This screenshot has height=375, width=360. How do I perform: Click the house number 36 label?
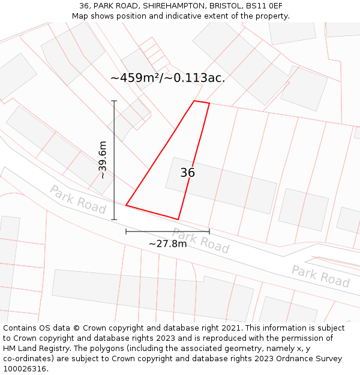(188, 173)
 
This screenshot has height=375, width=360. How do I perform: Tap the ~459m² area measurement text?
(168, 77)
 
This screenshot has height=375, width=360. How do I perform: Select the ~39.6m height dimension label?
(103, 160)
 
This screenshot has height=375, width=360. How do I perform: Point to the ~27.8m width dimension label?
(167, 243)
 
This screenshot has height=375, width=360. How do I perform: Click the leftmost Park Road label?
(78, 199)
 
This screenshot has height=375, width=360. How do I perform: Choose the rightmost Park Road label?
(320, 275)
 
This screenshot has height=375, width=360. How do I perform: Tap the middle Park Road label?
(201, 240)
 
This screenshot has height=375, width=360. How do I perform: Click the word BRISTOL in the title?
(226, 6)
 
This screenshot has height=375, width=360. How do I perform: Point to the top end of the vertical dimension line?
(114, 101)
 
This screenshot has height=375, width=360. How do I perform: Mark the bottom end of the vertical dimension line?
(114, 220)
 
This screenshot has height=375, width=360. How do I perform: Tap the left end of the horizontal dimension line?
(126, 231)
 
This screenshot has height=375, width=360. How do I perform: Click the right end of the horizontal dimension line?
(209, 231)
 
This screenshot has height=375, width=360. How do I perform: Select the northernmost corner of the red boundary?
(194, 101)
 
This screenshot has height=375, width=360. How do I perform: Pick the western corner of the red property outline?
(126, 206)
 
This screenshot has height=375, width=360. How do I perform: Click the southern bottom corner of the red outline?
(178, 220)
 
